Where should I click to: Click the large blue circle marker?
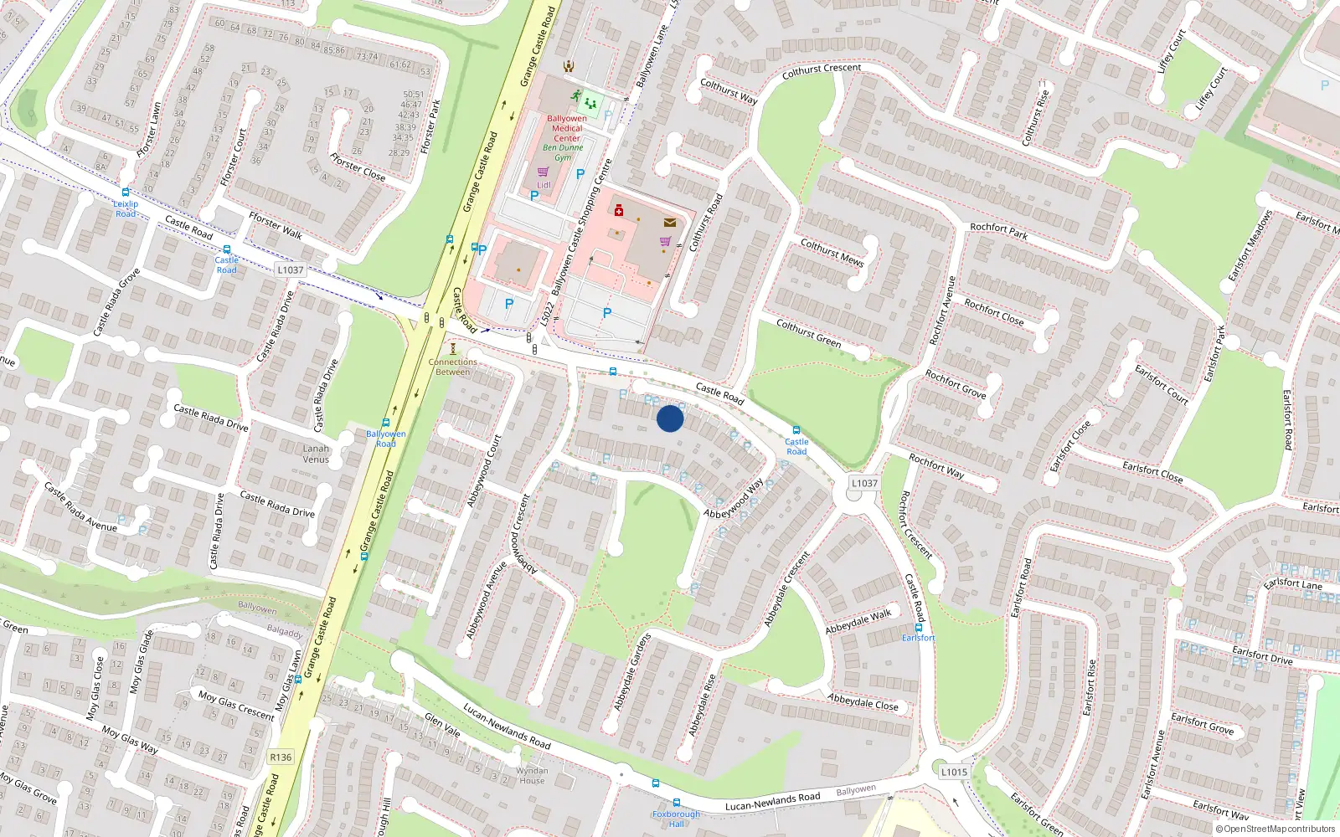670,418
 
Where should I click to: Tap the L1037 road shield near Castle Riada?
290,270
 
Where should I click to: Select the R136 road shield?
281,757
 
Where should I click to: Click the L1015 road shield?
954,772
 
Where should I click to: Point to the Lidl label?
544,185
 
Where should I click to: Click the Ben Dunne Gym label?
563,152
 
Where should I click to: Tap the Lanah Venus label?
316,454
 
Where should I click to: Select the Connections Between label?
452,367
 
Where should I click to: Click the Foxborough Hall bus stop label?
676,819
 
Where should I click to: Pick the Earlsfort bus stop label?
918,638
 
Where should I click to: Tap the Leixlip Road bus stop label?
126,208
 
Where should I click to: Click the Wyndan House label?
532,776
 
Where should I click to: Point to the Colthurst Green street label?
808,333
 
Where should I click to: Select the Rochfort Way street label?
936,466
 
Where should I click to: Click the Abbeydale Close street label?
863,702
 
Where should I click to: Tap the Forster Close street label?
358,167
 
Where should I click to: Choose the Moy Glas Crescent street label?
236,705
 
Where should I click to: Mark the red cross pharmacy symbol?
619,210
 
